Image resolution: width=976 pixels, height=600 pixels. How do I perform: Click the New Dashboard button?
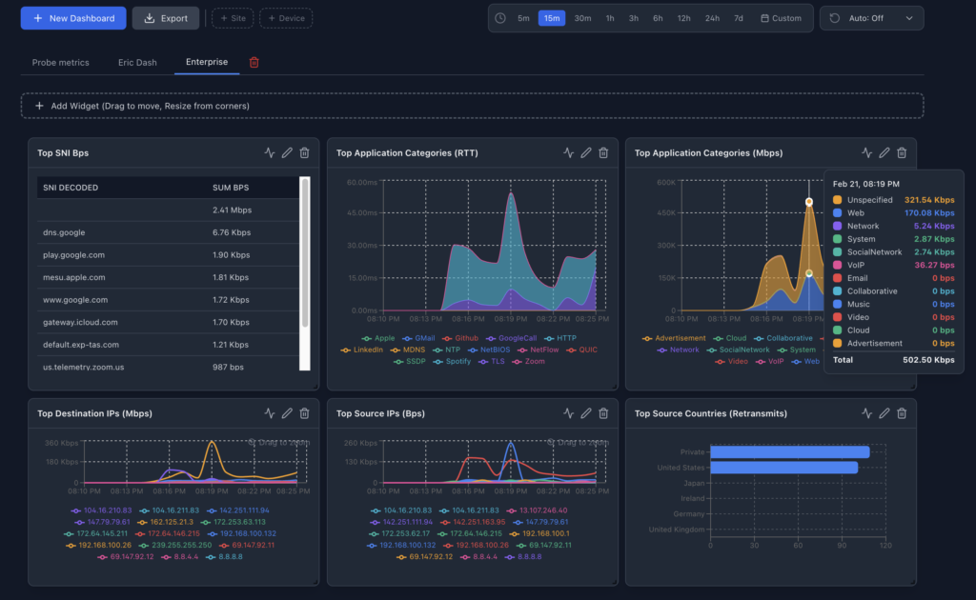pos(72,18)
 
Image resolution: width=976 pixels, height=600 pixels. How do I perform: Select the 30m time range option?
pos(582,18)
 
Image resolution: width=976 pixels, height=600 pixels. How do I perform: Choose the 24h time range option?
pos(712,18)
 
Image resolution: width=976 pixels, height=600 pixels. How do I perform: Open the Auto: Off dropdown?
pos(871,18)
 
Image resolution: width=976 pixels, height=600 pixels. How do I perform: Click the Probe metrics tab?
pos(60,62)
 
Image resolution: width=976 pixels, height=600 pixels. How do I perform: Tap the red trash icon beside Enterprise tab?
pos(254,62)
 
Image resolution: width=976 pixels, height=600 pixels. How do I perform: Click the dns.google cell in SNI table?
pos(64,231)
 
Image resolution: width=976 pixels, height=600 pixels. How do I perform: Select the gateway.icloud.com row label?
pos(80,322)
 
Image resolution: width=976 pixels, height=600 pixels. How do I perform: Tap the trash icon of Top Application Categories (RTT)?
pos(603,152)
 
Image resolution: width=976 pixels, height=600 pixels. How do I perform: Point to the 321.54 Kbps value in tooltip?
pos(929,199)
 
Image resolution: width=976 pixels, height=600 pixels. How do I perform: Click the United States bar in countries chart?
pos(784,468)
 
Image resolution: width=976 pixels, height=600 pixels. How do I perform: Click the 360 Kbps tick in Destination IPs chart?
pos(61,444)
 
